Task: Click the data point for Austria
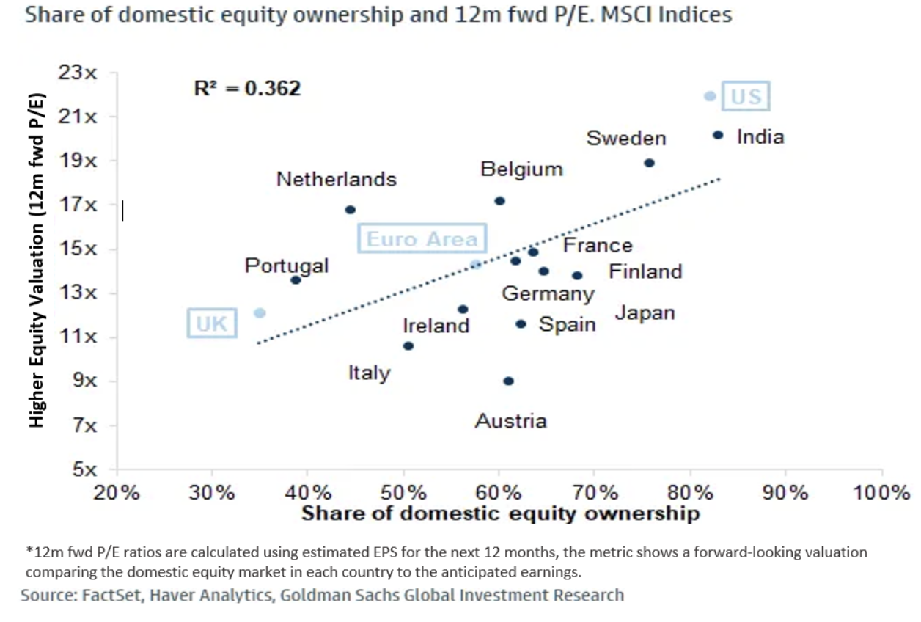coord(508,381)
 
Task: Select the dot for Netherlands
coord(350,210)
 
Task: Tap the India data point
coord(718,135)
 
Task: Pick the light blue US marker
coord(710,96)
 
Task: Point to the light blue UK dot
coord(260,312)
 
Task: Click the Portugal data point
coord(296,279)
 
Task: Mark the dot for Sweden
coord(649,163)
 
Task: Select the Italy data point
coord(408,345)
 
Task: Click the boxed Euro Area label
coord(422,239)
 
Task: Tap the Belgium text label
coord(521,169)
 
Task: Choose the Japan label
coord(645,313)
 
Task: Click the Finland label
coord(645,272)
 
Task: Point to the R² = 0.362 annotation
coord(247,89)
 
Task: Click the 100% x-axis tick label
coord(880,492)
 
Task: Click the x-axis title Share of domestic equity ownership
coord(500,513)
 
